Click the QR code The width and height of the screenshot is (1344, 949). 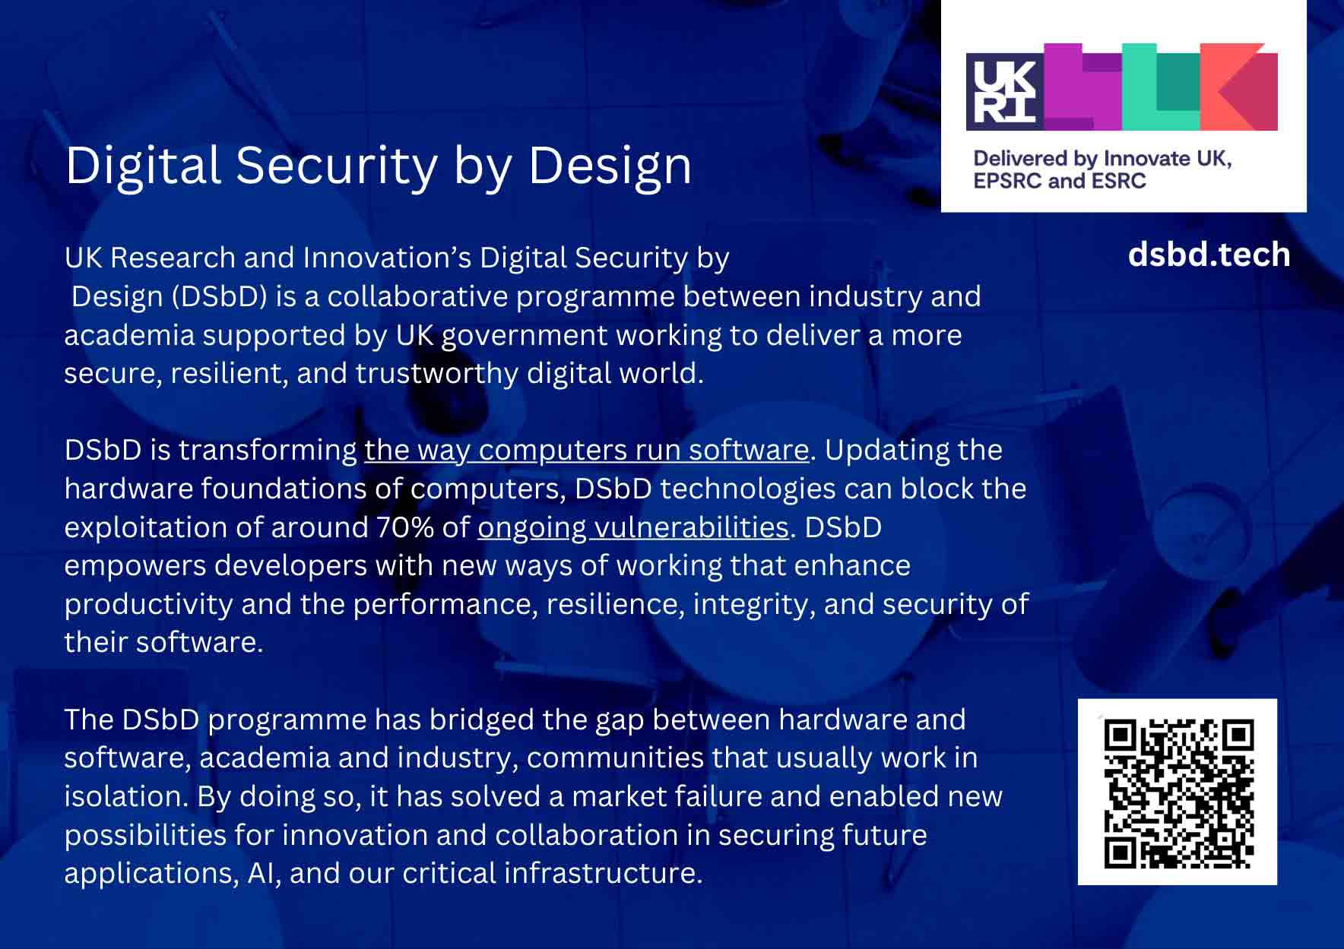[x=1178, y=792]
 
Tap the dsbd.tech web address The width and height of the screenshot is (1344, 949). [x=1209, y=255]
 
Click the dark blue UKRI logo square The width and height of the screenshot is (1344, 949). [x=1005, y=91]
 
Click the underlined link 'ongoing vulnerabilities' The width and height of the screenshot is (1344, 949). [x=633, y=527]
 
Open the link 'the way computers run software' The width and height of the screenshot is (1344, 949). [x=587, y=450]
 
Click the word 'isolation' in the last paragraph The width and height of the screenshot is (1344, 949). [x=125, y=796]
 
